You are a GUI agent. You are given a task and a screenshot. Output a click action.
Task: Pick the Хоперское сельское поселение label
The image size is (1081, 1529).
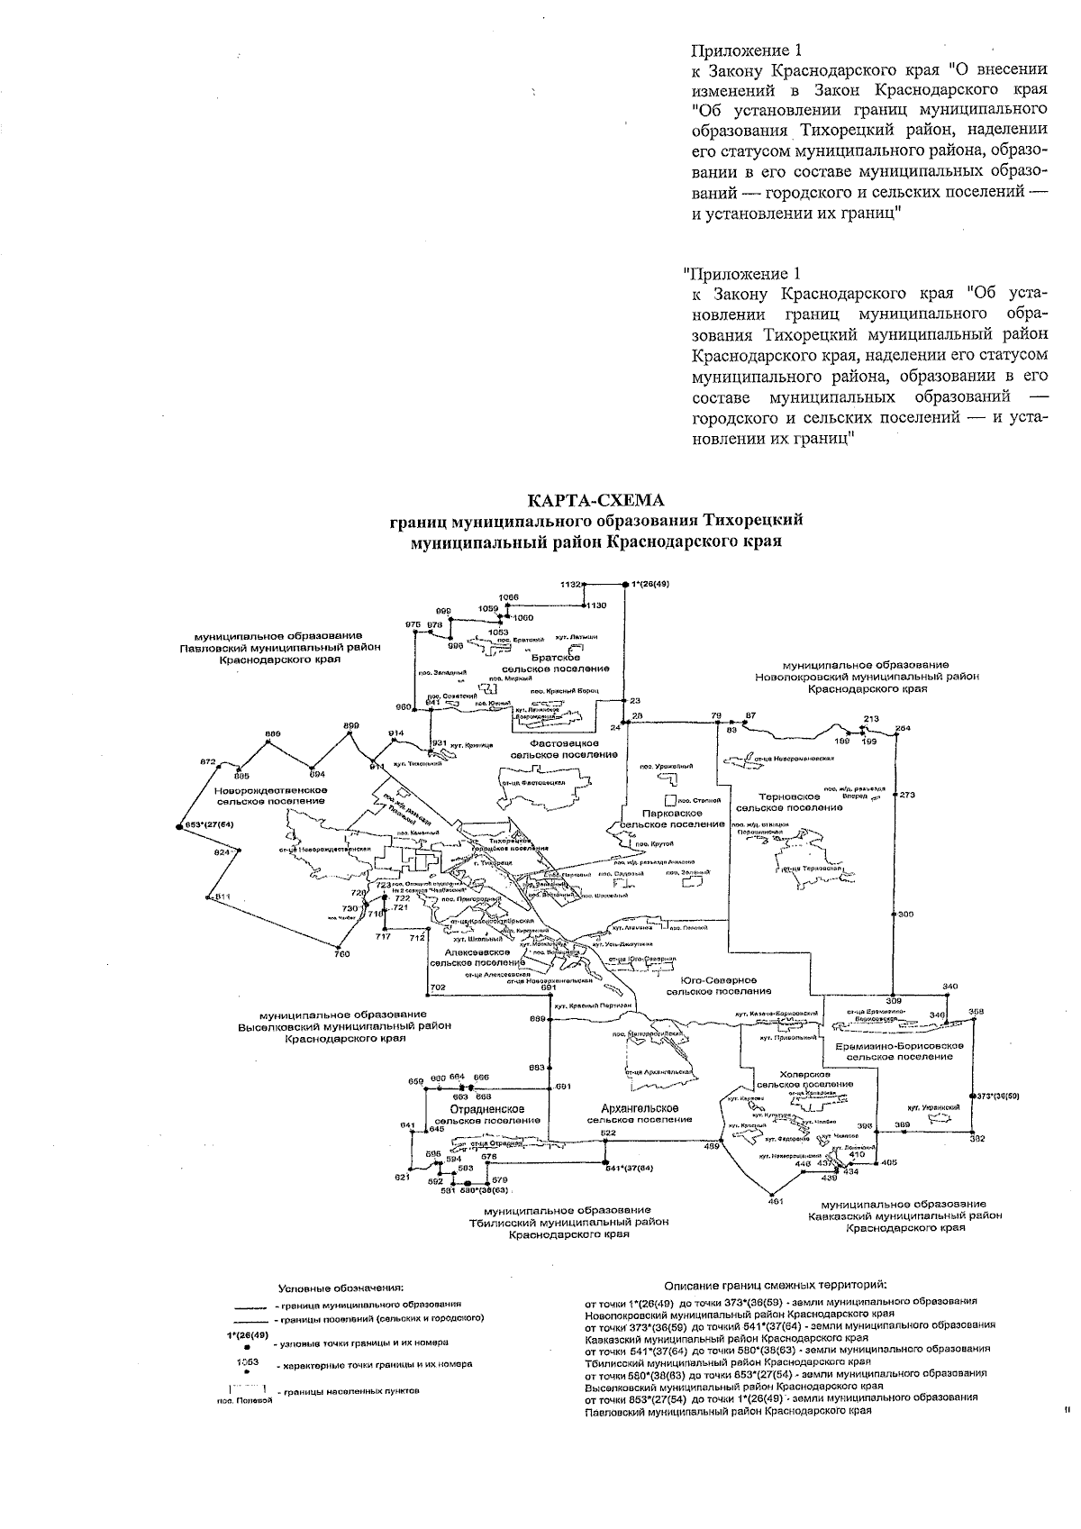click(805, 1079)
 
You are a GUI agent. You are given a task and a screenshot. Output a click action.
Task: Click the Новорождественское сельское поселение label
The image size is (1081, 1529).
click(270, 795)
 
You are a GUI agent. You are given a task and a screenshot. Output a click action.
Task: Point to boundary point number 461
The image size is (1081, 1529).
click(773, 1201)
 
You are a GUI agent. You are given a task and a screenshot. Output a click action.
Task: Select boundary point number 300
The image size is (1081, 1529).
click(905, 915)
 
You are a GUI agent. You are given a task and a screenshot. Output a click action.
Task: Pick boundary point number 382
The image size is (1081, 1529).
click(977, 1139)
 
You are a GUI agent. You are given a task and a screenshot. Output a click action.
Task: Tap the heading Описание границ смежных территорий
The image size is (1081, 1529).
click(775, 1284)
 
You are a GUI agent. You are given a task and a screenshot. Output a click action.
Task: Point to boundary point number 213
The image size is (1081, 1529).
click(870, 719)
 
